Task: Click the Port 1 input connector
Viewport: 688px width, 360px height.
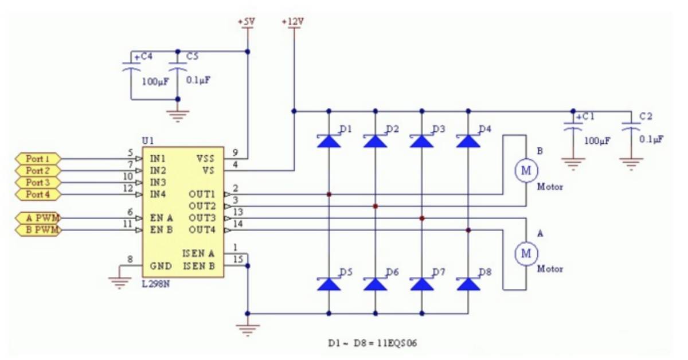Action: pyautogui.click(x=38, y=158)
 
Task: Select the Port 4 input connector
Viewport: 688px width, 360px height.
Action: pyautogui.click(x=38, y=194)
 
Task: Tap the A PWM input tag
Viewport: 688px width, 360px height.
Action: pyautogui.click(x=38, y=218)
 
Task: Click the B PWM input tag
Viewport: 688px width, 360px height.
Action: pyautogui.click(x=38, y=230)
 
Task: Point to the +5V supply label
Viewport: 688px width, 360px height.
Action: pyautogui.click(x=247, y=22)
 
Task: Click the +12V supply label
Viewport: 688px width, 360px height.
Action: pyautogui.click(x=293, y=22)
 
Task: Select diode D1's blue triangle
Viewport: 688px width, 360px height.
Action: pyautogui.click(x=329, y=141)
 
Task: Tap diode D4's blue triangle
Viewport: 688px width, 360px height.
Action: pyautogui.click(x=468, y=141)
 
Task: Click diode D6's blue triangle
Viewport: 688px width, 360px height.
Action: pyautogui.click(x=375, y=284)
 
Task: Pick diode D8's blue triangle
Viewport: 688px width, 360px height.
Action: pyautogui.click(x=468, y=284)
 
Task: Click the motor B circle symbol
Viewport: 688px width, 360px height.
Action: pyautogui.click(x=526, y=170)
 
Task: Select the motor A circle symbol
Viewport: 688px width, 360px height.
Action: pyautogui.click(x=526, y=253)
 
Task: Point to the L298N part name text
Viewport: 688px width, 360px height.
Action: pyautogui.click(x=156, y=284)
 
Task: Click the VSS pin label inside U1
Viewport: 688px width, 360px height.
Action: pyautogui.click(x=205, y=158)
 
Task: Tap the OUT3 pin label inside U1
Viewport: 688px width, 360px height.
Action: pyautogui.click(x=202, y=218)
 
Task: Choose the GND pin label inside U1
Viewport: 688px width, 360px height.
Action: pyautogui.click(x=161, y=265)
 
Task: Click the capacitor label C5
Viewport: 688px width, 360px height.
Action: pyautogui.click(x=193, y=56)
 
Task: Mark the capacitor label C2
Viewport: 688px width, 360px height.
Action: pyautogui.click(x=646, y=116)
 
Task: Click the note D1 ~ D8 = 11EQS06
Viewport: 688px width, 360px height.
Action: pyautogui.click(x=373, y=343)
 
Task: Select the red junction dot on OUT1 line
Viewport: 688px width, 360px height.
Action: pyautogui.click(x=329, y=194)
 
